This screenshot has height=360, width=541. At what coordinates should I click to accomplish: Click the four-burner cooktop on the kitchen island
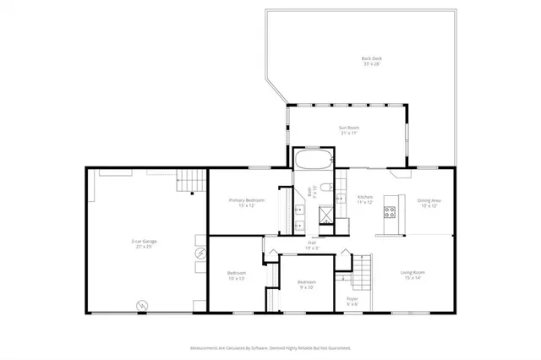(391, 211)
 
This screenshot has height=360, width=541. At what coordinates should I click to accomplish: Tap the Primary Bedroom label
(247, 203)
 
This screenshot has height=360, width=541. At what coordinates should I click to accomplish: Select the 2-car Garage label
(144, 244)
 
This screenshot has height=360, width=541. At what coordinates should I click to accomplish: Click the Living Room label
(412, 275)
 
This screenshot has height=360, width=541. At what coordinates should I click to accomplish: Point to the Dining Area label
(429, 203)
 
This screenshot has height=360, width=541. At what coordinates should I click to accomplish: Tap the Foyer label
(352, 301)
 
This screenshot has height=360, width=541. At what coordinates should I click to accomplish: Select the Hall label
(312, 245)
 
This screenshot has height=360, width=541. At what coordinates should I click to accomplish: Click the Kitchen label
(364, 199)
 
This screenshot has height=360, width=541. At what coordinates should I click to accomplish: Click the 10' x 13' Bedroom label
(236, 275)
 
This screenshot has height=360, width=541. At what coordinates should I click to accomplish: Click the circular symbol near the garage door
(142, 305)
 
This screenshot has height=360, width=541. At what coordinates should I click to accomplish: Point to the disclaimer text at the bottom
(270, 346)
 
